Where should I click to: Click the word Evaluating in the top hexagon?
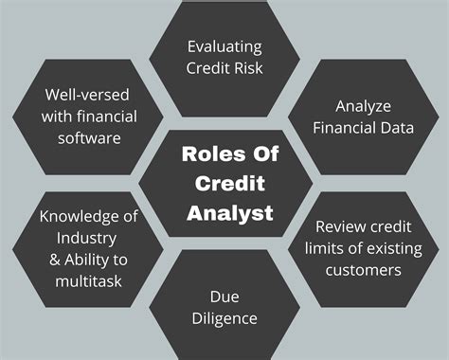tap(224, 45)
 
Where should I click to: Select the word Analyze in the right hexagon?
tap(362, 105)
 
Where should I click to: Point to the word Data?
tap(396, 126)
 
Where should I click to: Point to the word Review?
tap(340, 228)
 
